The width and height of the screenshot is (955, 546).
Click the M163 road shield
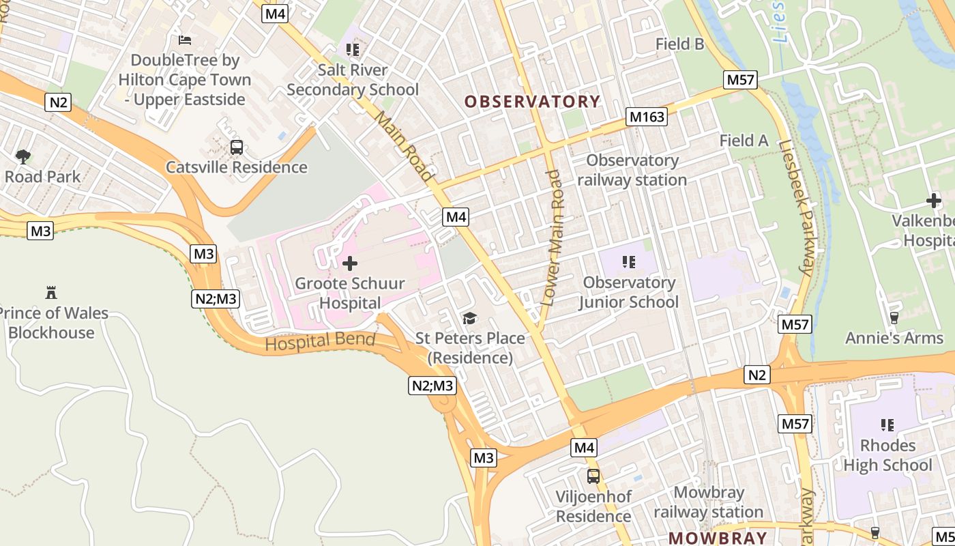647,117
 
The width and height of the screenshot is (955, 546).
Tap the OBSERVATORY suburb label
533,102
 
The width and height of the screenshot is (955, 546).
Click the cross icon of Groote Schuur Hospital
350,263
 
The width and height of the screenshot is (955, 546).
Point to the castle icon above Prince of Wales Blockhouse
50,293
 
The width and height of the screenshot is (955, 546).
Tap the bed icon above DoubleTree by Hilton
184,40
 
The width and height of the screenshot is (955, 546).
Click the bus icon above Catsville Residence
237,147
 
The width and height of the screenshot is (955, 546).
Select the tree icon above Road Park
23,156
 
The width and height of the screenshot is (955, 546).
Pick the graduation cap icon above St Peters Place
469,318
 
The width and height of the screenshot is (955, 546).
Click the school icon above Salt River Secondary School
353,49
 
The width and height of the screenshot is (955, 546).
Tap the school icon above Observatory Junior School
629,262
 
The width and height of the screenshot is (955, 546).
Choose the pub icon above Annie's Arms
894,317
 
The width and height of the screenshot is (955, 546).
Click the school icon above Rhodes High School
887,425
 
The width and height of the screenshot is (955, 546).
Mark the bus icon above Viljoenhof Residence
593,476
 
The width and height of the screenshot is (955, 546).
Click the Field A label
744,141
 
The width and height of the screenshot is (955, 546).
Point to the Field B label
679,44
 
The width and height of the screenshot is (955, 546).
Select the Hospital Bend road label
320,342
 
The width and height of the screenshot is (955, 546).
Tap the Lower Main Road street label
555,237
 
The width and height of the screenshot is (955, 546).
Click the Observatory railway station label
632,170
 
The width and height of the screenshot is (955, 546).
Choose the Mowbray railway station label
708,502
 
